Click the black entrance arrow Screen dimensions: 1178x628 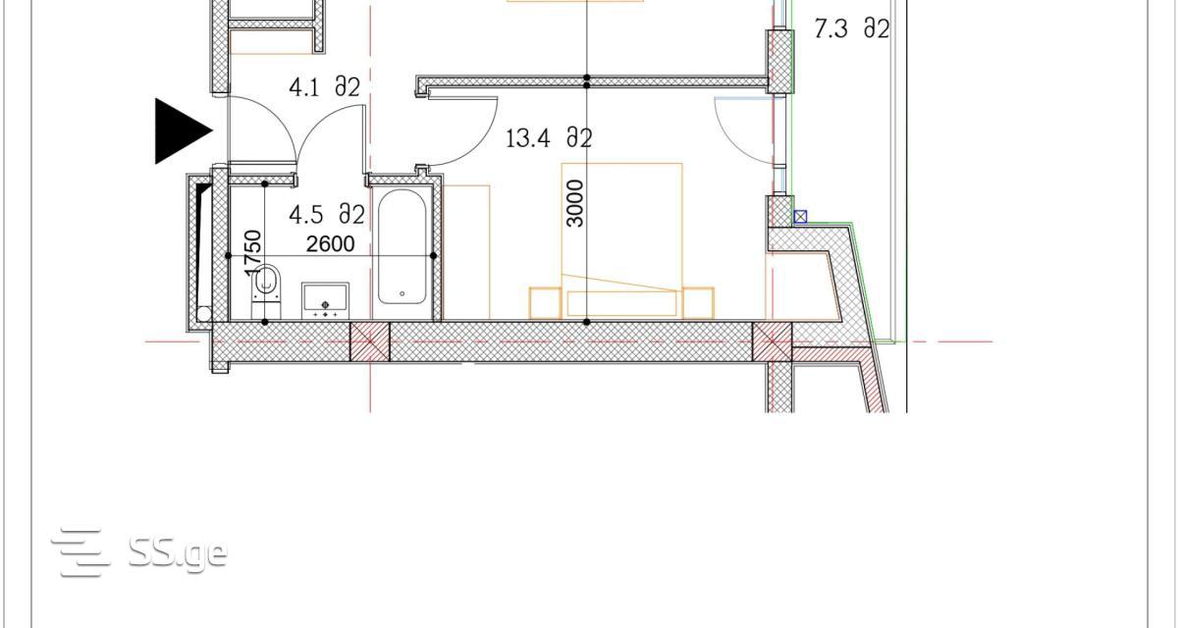click(182, 131)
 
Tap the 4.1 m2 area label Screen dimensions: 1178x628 click(325, 87)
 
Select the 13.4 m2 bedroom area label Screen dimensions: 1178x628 click(549, 138)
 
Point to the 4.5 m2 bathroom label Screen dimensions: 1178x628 click(327, 215)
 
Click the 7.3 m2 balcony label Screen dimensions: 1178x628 click(852, 28)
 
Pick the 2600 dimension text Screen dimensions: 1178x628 click(330, 244)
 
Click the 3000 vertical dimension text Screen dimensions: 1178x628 click(576, 203)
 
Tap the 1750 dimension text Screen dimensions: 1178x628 click(253, 253)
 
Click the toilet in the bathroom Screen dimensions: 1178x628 click(266, 291)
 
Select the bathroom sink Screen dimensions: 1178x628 click(325, 300)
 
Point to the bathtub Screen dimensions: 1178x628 click(402, 246)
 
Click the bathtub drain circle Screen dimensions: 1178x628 click(402, 293)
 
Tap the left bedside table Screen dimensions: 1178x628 click(546, 303)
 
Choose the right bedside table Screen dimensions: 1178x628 click(698, 303)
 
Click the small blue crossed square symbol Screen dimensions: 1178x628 click(800, 217)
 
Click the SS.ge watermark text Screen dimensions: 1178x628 click(178, 553)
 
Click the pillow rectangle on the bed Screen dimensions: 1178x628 click(621, 303)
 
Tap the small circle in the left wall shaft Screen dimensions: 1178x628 click(204, 314)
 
